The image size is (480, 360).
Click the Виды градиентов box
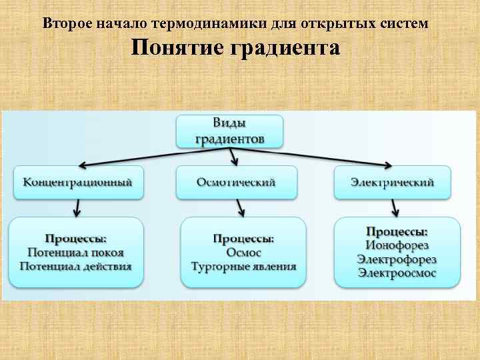[229, 131]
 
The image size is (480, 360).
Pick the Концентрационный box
[78, 182]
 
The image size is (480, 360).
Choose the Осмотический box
[237, 182]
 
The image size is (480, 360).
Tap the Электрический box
[393, 182]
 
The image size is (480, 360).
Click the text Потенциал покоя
[75, 253]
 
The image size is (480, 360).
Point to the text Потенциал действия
[75, 266]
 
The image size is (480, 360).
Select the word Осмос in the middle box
[243, 253]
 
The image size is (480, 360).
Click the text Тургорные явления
[243, 267]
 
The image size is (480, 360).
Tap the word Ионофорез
[397, 245]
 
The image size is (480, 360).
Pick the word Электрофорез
[397, 259]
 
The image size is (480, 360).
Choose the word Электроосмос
[397, 273]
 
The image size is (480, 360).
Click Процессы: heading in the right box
[397, 231]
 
